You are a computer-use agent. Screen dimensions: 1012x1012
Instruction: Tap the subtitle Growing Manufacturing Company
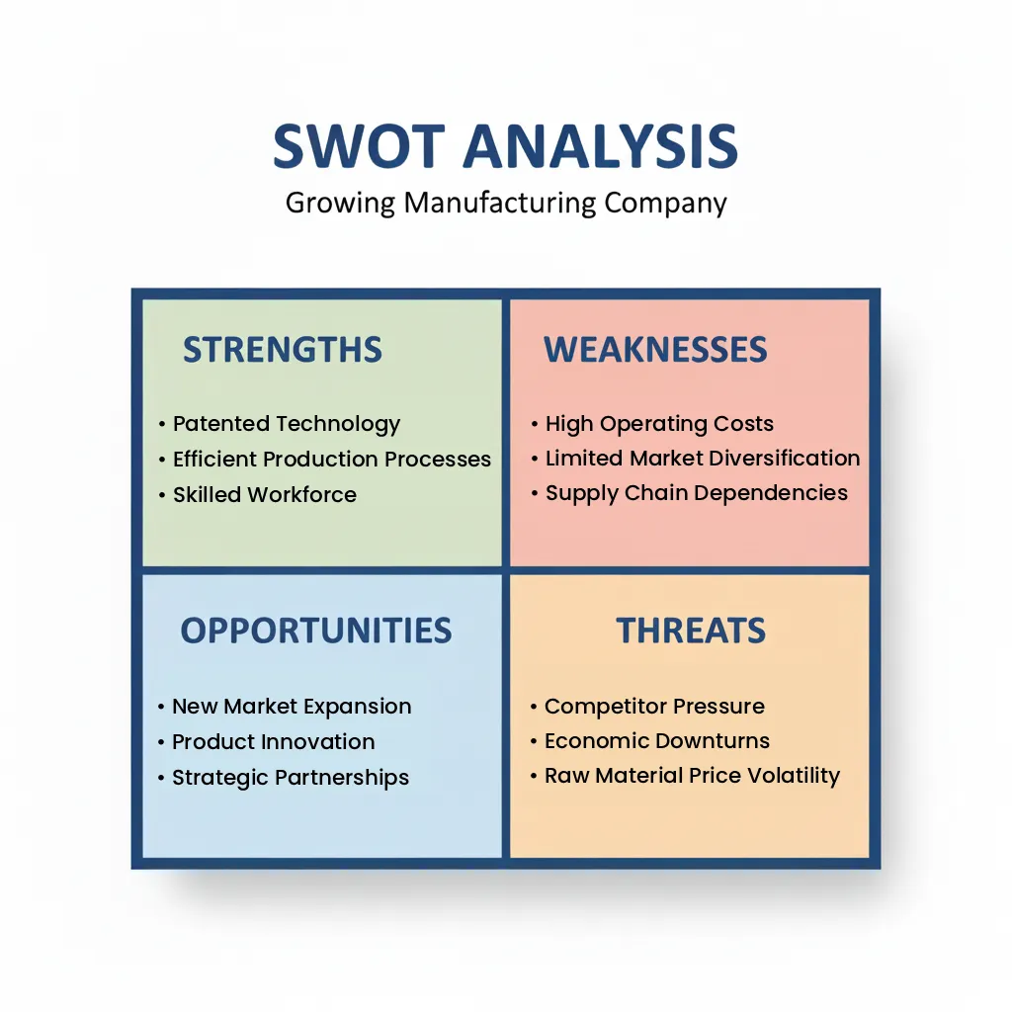pyautogui.click(x=506, y=203)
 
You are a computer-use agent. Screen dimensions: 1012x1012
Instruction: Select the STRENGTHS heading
pyautogui.click(x=283, y=350)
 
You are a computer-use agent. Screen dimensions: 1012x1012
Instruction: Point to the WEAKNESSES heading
pyautogui.click(x=655, y=350)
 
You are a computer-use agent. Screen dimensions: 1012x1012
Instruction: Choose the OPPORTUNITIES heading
pyautogui.click(x=316, y=631)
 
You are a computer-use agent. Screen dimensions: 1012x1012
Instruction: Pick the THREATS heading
pyautogui.click(x=691, y=631)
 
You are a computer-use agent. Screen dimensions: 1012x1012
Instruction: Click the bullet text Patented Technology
pyautogui.click(x=287, y=424)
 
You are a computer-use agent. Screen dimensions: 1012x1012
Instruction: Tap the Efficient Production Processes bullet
pyautogui.click(x=331, y=460)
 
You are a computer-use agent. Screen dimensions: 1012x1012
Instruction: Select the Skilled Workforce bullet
pyautogui.click(x=265, y=495)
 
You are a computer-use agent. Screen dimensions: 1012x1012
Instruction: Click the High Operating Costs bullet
pyautogui.click(x=659, y=424)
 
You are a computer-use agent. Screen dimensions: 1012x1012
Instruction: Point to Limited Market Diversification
pyautogui.click(x=703, y=459)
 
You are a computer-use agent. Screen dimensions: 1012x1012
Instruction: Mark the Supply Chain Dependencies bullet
pyautogui.click(x=697, y=493)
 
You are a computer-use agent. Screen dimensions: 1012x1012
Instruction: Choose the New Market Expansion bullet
pyautogui.click(x=292, y=707)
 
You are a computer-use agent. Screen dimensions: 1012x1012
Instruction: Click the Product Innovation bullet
pyautogui.click(x=274, y=742)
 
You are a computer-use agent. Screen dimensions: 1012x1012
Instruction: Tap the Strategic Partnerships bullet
pyautogui.click(x=291, y=778)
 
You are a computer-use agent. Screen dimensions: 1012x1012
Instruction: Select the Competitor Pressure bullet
pyautogui.click(x=654, y=707)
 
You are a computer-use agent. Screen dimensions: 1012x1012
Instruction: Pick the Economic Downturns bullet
pyautogui.click(x=657, y=741)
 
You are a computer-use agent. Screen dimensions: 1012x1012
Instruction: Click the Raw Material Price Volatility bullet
pyautogui.click(x=692, y=776)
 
